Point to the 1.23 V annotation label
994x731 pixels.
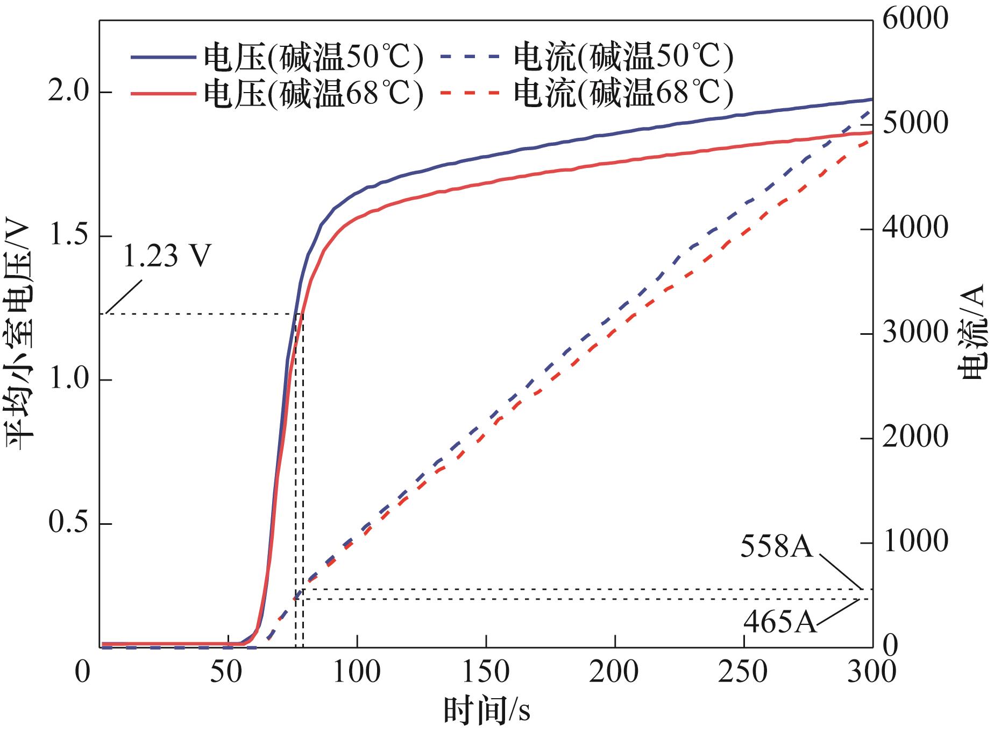click(x=167, y=256)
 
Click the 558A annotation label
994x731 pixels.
click(x=777, y=547)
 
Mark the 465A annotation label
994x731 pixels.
click(x=780, y=623)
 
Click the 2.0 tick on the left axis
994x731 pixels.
click(x=68, y=92)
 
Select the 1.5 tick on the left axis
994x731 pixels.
click(x=68, y=236)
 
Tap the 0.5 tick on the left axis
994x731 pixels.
click(x=68, y=523)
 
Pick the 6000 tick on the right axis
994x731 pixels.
click(x=914, y=19)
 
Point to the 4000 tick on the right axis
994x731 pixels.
click(x=914, y=228)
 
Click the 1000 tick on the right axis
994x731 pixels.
click(x=914, y=542)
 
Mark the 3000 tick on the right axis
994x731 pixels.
click(x=914, y=333)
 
